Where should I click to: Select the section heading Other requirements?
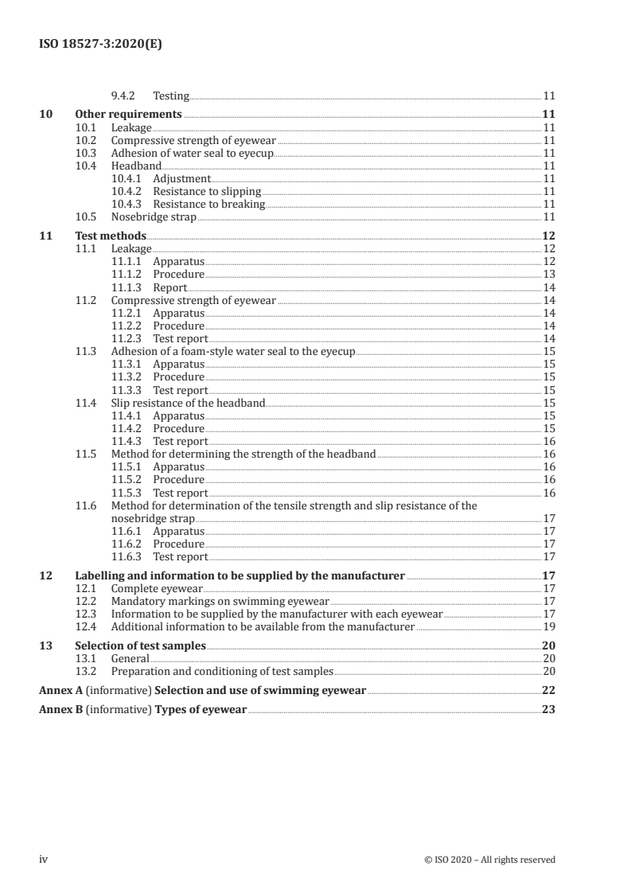[128, 115]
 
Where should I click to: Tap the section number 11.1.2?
[127, 275]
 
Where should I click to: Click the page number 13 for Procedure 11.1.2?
[548, 275]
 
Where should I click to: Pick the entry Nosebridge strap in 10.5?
[153, 216]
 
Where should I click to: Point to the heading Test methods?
[110, 236]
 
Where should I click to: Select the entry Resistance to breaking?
[208, 204]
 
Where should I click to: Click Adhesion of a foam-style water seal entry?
[233, 351]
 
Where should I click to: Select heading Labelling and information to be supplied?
[239, 575]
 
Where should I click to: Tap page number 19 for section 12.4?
[548, 627]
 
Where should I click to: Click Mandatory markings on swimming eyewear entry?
[220, 602]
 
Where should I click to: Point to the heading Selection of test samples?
[140, 645]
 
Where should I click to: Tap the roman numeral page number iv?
[44, 860]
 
